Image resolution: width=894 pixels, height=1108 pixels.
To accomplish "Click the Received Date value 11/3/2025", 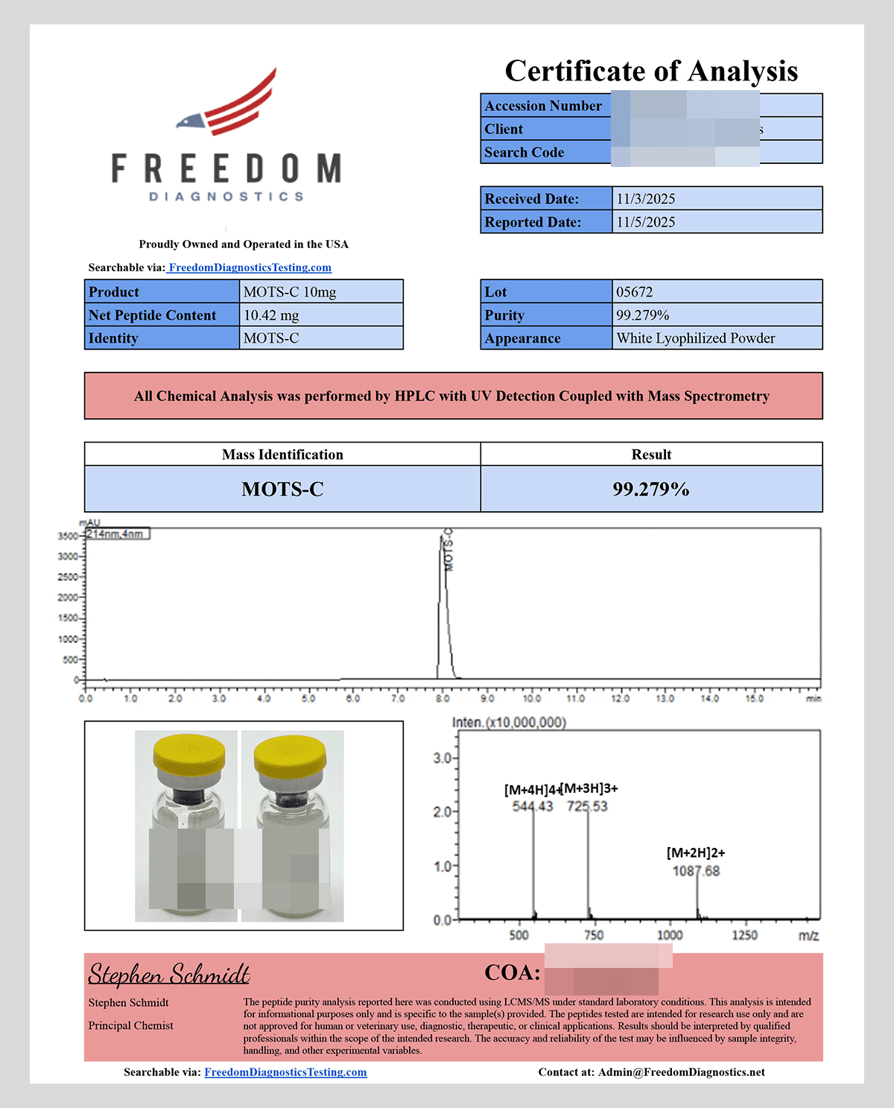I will pos(645,199).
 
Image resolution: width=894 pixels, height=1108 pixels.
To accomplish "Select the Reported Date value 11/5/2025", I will pos(645,222).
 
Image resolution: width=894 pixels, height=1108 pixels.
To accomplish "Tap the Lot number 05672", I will pos(634,292).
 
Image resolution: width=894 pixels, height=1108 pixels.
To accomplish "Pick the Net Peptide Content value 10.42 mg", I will pos(271,315).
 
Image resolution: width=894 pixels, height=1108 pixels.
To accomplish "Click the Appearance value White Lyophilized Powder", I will pos(695,338).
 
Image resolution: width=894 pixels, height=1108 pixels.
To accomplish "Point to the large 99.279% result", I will pos(650,490).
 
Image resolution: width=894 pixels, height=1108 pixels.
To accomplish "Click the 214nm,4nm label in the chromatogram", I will pos(117,534).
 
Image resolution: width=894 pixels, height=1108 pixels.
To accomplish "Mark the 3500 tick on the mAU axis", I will pos(68,536).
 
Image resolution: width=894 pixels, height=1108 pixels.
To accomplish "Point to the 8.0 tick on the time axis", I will pos(443,699).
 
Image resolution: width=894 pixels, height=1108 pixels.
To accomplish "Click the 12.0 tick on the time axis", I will pos(620,699).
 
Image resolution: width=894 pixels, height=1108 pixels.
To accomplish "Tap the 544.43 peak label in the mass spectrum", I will pos(533,806).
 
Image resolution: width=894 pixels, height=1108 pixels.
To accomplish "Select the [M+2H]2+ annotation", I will pos(696,852).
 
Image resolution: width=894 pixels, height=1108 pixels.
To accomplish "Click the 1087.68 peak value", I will pos(696,871).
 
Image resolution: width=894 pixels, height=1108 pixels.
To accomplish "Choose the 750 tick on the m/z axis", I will pos(594,935).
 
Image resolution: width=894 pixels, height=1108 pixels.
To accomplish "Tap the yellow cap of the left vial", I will pos(189,756).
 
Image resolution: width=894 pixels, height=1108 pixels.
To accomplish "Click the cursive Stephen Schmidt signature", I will pos(169,974).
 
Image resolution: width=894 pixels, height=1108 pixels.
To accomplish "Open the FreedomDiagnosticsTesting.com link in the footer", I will pos(285,1072).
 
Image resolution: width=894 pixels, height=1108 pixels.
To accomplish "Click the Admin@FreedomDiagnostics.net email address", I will pos(681,1072).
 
